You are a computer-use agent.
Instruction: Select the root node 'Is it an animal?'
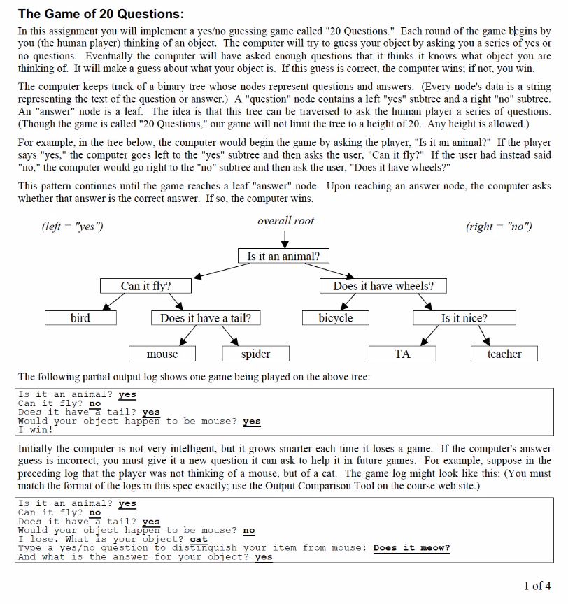(283, 257)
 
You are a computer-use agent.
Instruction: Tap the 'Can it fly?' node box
(145, 286)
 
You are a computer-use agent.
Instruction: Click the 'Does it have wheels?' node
(383, 286)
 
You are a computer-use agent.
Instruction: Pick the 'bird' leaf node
(80, 318)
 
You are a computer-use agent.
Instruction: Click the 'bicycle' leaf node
(336, 318)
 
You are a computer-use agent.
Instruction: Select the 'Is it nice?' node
(464, 318)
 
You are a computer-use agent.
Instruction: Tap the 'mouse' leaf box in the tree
(162, 354)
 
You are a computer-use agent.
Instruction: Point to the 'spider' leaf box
(256, 354)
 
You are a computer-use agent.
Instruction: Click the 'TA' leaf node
(402, 354)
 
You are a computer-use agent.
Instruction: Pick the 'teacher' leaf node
(504, 354)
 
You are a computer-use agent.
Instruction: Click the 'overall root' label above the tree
(285, 221)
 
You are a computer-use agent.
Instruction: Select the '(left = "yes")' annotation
(73, 226)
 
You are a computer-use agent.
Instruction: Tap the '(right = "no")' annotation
(498, 226)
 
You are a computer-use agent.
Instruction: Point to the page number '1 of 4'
(537, 586)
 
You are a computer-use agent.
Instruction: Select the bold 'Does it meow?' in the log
(411, 548)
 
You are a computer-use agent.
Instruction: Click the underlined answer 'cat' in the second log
(199, 540)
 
